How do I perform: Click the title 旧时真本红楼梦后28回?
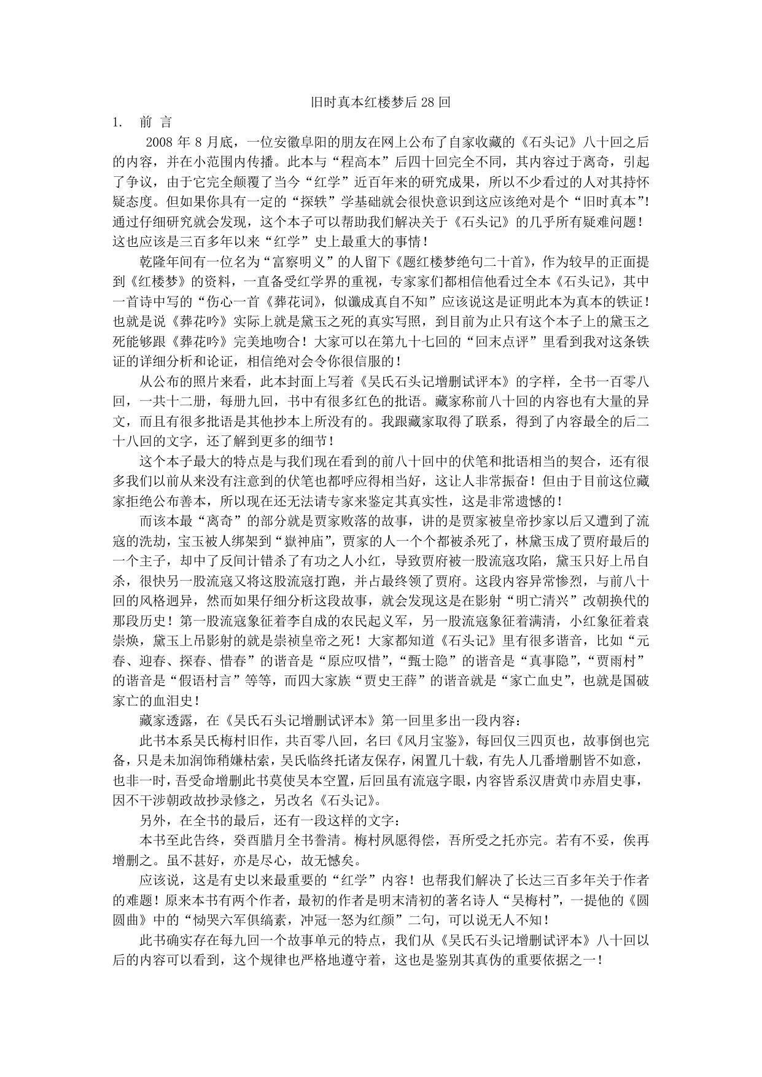point(380,103)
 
